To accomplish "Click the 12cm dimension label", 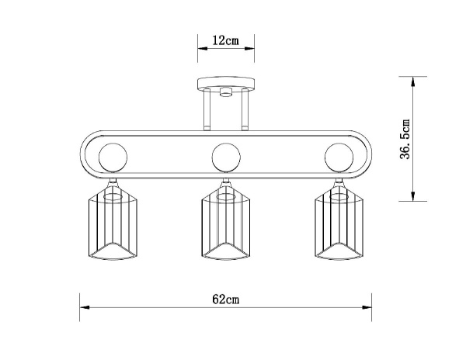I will point(225,41).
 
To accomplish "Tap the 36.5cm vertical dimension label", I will point(405,140).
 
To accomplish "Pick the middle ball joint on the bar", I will point(225,157).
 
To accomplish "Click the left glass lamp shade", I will point(112,225).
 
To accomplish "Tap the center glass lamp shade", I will point(225,225).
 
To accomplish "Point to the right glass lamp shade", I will point(339,225).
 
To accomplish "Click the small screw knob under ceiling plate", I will point(225,93).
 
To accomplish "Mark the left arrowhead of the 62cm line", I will point(83,306).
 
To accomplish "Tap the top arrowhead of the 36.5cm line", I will point(415,80).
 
